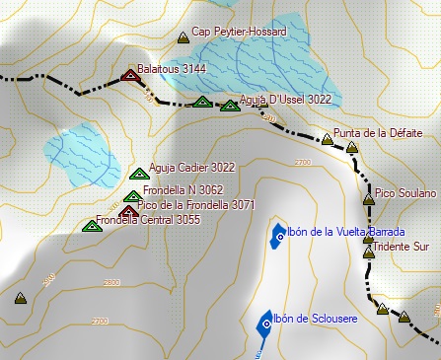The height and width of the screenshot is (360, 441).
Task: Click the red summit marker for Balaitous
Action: pyautogui.click(x=128, y=75)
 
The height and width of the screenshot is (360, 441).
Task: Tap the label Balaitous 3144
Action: pyautogui.click(x=174, y=69)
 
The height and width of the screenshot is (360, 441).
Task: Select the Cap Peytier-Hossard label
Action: pyautogui.click(x=239, y=33)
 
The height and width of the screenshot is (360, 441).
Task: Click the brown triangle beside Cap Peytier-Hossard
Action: pyautogui.click(x=183, y=37)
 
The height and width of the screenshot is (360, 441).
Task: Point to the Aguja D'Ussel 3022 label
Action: pyautogui.click(x=286, y=100)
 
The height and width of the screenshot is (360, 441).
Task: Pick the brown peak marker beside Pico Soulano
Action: pyautogui.click(x=368, y=199)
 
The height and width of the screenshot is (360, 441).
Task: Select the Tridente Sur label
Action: pyautogui.click(x=403, y=247)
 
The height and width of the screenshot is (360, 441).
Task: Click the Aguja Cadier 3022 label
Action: pyautogui.click(x=191, y=168)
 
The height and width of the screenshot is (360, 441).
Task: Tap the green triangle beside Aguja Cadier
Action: pyautogui.click(x=137, y=175)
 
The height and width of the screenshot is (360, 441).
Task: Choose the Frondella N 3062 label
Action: pyautogui.click(x=184, y=189)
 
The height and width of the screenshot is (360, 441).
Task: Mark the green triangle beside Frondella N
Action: pyautogui.click(x=132, y=196)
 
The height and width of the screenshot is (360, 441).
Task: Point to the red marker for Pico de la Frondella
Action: pyautogui.click(x=128, y=210)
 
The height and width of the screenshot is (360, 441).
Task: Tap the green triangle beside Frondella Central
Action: pyautogui.click(x=92, y=226)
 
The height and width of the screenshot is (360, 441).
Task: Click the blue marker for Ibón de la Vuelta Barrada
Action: pyautogui.click(x=277, y=235)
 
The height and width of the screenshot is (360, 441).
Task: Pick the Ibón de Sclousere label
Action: pyautogui.click(x=315, y=318)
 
